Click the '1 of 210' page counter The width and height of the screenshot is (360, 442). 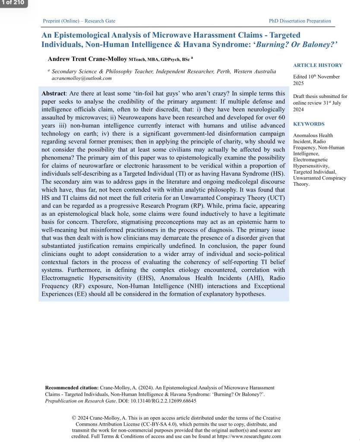[x=13, y=3]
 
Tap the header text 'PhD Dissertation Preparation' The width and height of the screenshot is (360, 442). [x=300, y=21]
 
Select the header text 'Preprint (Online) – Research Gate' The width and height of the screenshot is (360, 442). [x=79, y=21]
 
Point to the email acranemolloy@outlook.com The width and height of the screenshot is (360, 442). [x=82, y=78]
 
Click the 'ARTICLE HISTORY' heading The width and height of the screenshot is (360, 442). [x=318, y=65]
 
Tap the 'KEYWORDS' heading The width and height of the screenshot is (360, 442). [x=309, y=124]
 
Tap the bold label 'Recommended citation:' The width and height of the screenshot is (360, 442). [x=72, y=388]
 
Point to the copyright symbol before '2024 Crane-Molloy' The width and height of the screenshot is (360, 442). [x=74, y=418]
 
